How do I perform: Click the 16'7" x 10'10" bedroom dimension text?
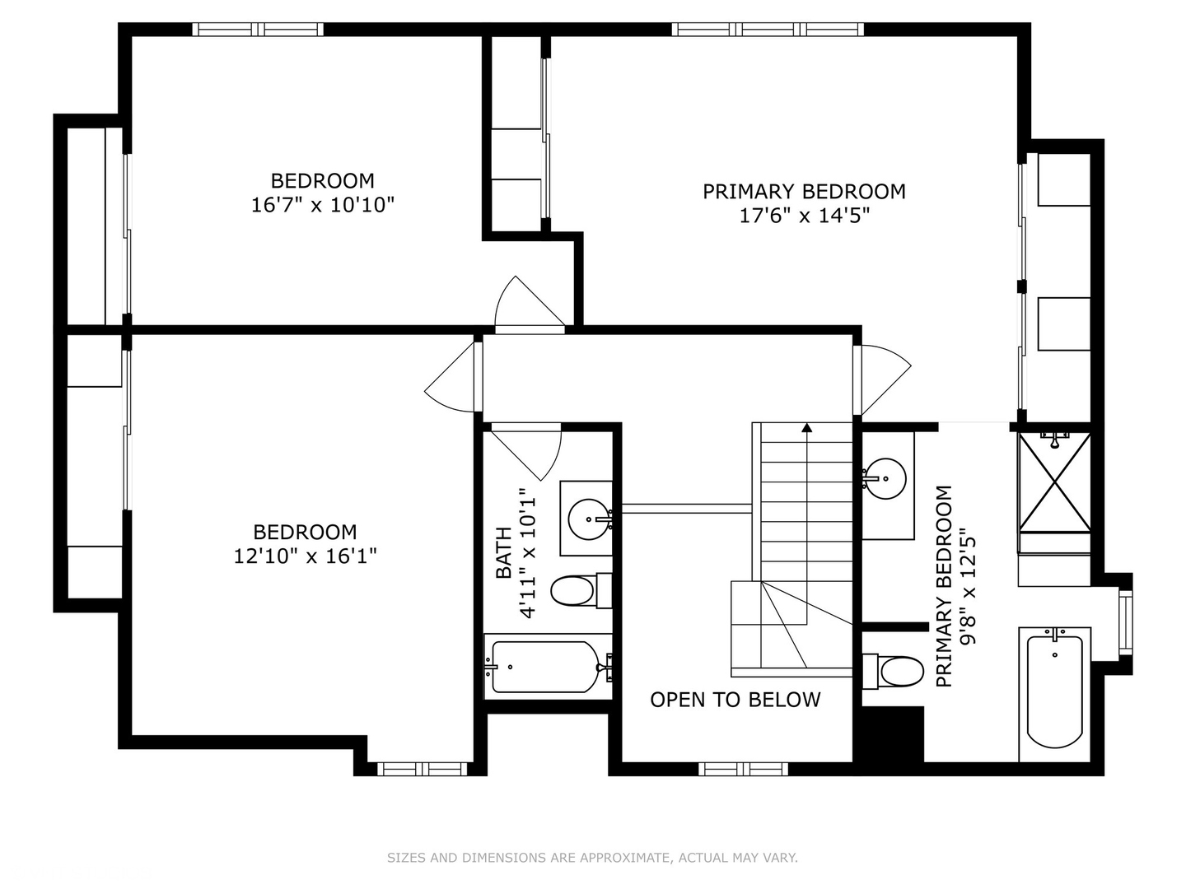click(x=323, y=205)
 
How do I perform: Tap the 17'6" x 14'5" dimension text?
click(x=804, y=216)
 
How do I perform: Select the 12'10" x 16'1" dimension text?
click(x=305, y=556)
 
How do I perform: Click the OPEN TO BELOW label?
click(x=735, y=700)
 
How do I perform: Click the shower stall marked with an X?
click(x=1054, y=482)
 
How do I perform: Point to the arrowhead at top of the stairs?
click(x=806, y=428)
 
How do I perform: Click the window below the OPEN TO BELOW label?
click(x=743, y=769)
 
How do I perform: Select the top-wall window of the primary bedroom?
click(x=768, y=30)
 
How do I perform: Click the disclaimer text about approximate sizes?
click(x=592, y=858)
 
